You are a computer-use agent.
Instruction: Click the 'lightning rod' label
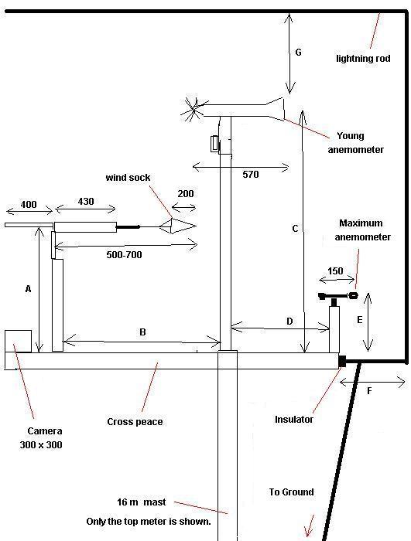click(x=363, y=58)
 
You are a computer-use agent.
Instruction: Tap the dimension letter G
click(x=298, y=53)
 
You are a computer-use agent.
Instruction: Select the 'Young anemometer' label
click(x=355, y=143)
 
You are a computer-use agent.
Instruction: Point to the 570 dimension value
click(x=251, y=175)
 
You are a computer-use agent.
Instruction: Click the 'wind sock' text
click(x=128, y=178)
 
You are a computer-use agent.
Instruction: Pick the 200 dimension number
click(x=186, y=193)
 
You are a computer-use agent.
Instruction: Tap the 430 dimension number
click(x=86, y=202)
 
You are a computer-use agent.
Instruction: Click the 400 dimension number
click(x=29, y=205)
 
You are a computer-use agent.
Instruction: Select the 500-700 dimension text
click(x=124, y=255)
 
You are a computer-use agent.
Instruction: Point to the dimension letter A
click(x=29, y=289)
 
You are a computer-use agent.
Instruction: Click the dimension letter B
click(x=142, y=332)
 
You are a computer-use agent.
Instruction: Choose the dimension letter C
click(x=295, y=229)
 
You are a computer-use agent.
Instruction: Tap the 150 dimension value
click(x=335, y=271)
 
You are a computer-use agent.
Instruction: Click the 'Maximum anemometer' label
click(x=362, y=230)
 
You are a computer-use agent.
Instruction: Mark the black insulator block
click(x=342, y=361)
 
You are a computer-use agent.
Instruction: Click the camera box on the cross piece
click(x=18, y=342)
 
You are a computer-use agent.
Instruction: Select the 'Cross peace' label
click(x=135, y=422)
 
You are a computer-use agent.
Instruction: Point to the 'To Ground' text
click(x=291, y=492)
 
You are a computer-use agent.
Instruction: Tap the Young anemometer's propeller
click(x=193, y=109)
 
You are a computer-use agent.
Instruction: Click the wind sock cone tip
click(x=196, y=226)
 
